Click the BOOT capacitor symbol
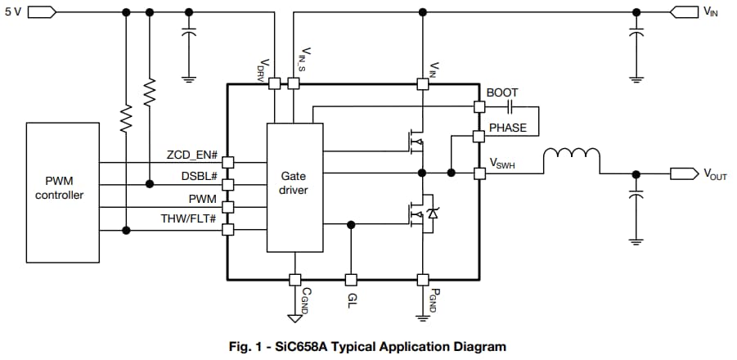point(510,107)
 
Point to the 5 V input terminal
point(42,12)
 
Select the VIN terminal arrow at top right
point(682,12)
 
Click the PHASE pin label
point(508,128)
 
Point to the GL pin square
point(351,279)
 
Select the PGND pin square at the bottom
point(422,279)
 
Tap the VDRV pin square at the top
point(273,83)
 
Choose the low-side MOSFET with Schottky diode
point(421,214)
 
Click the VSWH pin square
point(479,173)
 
